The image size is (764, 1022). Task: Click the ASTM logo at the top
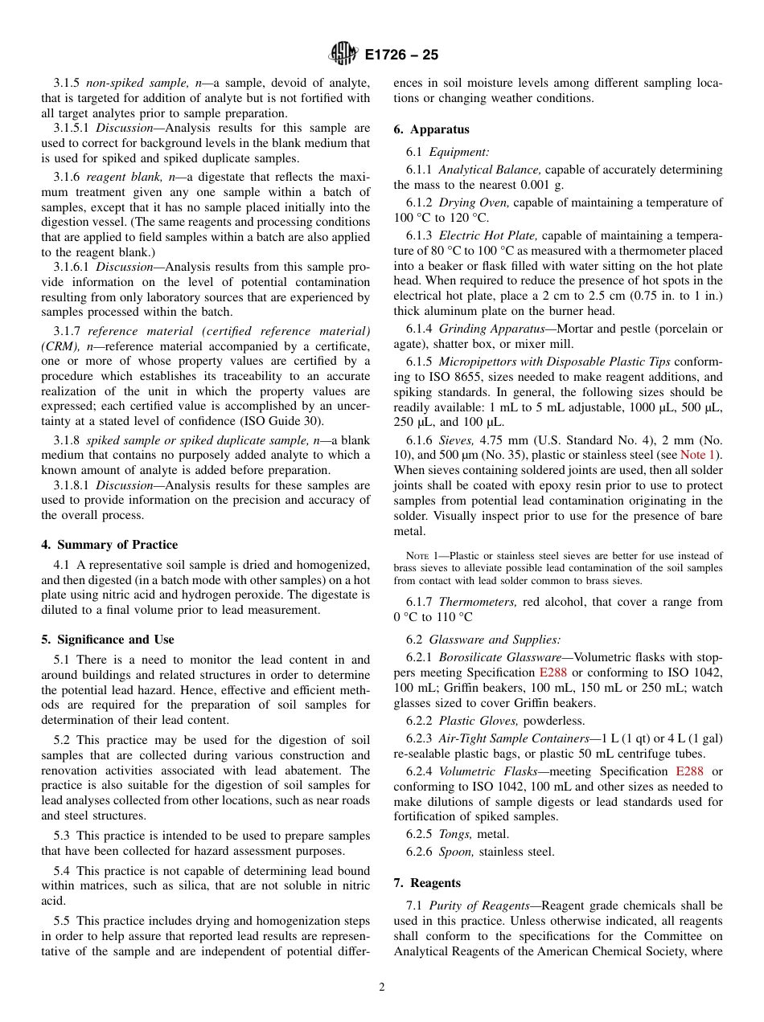click(344, 55)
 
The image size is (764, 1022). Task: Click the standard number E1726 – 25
click(402, 55)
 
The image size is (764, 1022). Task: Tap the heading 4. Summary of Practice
click(109, 545)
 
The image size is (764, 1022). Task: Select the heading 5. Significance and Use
click(107, 640)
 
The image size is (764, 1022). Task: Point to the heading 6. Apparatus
click(431, 129)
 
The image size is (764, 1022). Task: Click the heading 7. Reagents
click(426, 883)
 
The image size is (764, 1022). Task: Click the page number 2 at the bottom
click(382, 987)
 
